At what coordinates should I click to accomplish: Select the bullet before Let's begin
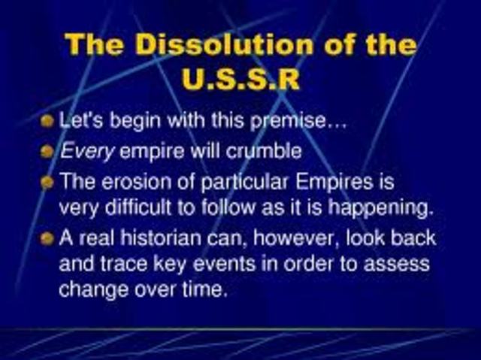coord(48,120)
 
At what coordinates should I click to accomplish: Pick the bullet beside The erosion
coord(48,183)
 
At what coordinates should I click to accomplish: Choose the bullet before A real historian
coord(48,238)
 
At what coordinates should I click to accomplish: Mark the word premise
coord(300,121)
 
